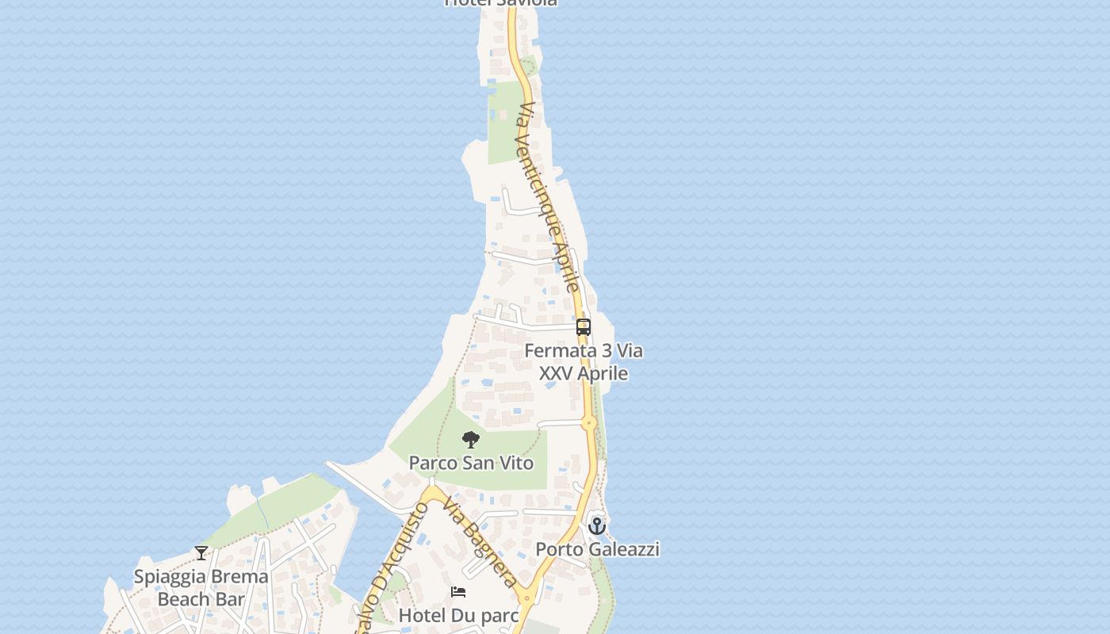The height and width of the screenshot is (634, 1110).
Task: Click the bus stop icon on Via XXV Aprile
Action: point(583,327)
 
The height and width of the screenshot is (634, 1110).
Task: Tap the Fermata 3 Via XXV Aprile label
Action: point(584,361)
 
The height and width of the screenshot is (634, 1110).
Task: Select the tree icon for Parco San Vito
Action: point(471,440)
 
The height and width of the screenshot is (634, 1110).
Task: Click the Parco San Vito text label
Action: point(471,463)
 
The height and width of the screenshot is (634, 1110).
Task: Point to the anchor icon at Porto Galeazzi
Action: point(597,526)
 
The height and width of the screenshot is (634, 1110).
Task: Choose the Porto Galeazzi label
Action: point(597,549)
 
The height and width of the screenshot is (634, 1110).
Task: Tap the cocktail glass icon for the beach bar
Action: point(201,553)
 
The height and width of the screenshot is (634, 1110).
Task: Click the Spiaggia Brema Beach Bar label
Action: point(201,587)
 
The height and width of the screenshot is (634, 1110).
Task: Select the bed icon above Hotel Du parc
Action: point(458,592)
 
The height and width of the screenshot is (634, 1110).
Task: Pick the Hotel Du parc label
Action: point(458,615)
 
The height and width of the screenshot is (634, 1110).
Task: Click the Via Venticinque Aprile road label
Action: point(549,198)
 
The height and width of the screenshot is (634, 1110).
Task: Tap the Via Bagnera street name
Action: point(479,544)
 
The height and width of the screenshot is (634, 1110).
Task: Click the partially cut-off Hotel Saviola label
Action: point(501,3)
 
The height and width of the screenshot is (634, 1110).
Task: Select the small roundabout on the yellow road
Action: point(588,423)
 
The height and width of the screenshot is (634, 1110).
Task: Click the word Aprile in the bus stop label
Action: point(604,373)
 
